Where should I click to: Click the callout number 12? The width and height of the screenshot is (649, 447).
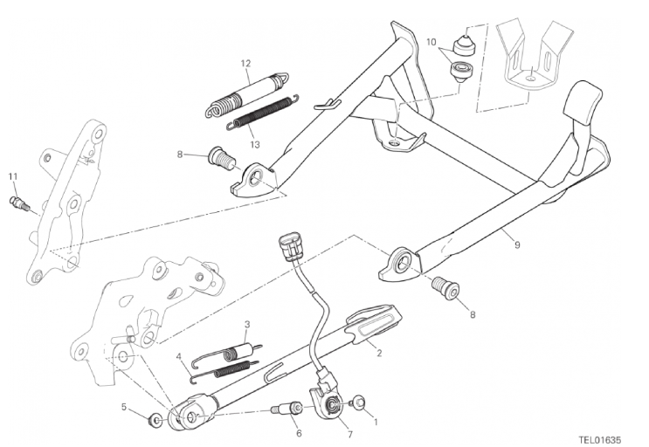tap(245, 63)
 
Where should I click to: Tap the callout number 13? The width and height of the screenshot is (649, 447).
tap(255, 144)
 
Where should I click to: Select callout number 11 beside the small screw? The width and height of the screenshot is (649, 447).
tap(13, 176)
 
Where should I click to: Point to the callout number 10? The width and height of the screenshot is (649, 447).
tap(431, 42)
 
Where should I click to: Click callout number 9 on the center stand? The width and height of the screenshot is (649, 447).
tap(517, 245)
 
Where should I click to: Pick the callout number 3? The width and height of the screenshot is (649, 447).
tap(246, 324)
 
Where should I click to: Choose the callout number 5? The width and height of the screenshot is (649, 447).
tap(124, 408)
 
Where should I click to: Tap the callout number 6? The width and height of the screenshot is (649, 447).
tap(299, 433)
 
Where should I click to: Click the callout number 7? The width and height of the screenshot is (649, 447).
tap(350, 435)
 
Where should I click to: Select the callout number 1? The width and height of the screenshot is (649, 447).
tap(376, 423)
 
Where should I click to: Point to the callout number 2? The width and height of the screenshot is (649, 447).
tap(379, 353)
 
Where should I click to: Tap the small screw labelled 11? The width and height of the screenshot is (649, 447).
tap(18, 203)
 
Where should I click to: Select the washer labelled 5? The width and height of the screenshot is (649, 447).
tap(155, 422)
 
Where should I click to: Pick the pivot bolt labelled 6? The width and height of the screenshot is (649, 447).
tap(286, 409)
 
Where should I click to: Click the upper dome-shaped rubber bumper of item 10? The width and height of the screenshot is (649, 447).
tap(466, 45)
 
